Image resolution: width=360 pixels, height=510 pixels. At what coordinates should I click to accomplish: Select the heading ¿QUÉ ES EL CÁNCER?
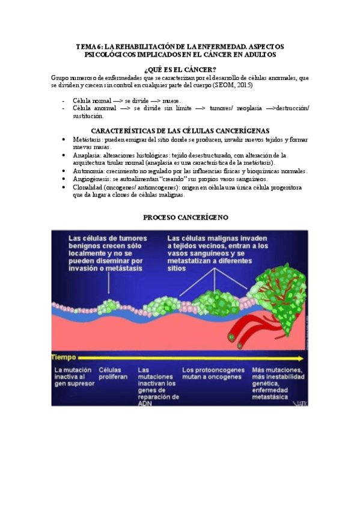[179, 70]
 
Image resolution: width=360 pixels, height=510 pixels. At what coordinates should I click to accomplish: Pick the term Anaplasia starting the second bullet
[87, 155]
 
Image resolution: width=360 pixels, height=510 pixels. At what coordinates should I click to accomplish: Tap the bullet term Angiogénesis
[92, 179]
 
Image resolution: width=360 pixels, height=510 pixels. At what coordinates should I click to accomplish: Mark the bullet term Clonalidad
[89, 187]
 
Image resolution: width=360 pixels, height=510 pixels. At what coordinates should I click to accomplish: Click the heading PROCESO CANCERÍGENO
[180, 217]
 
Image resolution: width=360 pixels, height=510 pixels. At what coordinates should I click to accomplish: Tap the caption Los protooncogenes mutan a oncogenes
[212, 373]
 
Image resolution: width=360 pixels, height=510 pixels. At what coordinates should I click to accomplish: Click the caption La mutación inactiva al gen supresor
[73, 378]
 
